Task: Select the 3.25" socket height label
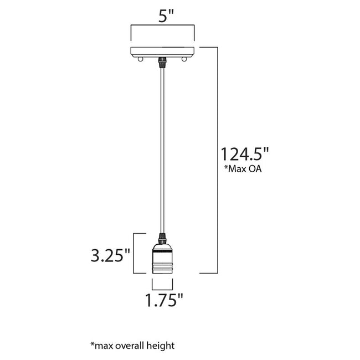tap(111, 255)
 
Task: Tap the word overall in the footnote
tap(128, 346)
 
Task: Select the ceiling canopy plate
tap(162, 52)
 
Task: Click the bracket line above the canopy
tap(162, 26)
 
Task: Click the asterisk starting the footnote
tap(92, 344)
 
